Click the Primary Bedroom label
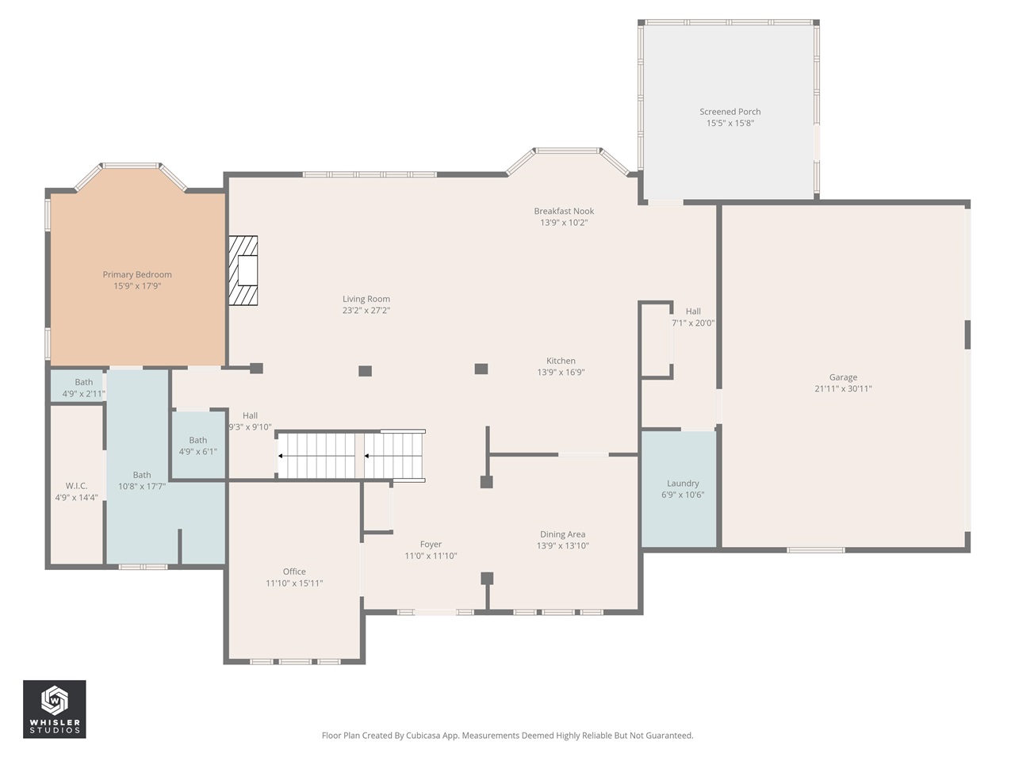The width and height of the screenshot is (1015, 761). pyautogui.click(x=137, y=274)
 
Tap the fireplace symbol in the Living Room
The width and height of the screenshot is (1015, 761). pyautogui.click(x=243, y=270)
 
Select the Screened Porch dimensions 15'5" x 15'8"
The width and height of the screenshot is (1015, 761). pyautogui.click(x=730, y=123)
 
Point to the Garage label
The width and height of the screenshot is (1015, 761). pyautogui.click(x=843, y=377)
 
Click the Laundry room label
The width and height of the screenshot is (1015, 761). pyautogui.click(x=683, y=484)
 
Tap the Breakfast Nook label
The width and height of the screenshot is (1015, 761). pyautogui.click(x=564, y=211)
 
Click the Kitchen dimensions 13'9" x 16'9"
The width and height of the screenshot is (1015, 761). pyautogui.click(x=561, y=372)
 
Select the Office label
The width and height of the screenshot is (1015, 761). pyautogui.click(x=294, y=572)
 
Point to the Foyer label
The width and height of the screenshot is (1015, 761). pyautogui.click(x=431, y=545)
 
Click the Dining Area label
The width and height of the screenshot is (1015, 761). pyautogui.click(x=562, y=534)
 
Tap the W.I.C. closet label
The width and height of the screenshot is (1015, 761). pyautogui.click(x=76, y=486)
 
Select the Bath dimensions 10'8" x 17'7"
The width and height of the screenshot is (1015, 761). pyautogui.click(x=142, y=486)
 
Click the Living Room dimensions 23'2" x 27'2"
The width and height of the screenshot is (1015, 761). pyautogui.click(x=366, y=310)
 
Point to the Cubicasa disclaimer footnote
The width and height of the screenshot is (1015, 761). pyautogui.click(x=507, y=735)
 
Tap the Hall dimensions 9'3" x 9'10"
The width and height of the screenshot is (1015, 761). pyautogui.click(x=250, y=427)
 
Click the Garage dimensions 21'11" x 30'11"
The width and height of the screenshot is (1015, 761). pyautogui.click(x=843, y=388)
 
